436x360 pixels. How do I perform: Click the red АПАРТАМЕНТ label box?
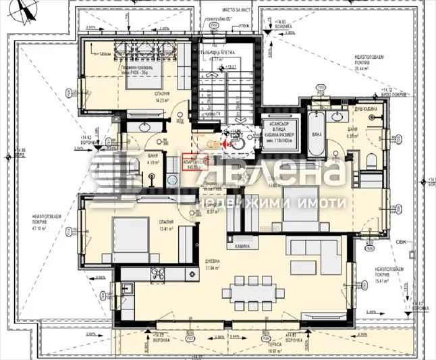pyautogui.click(x=194, y=162)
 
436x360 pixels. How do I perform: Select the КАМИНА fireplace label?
pyautogui.click(x=243, y=247)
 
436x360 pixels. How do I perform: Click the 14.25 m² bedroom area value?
pyautogui.click(x=161, y=101)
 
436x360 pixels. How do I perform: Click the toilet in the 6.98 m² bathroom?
pyautogui.click(x=371, y=159)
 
